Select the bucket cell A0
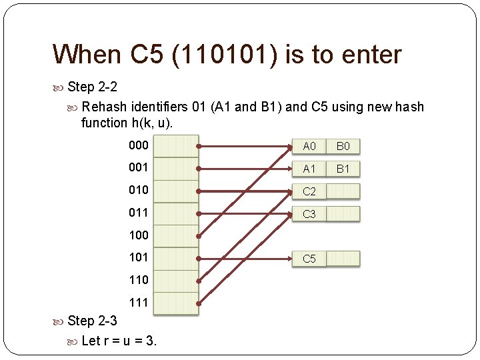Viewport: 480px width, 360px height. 309,147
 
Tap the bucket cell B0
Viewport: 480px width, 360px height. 343,147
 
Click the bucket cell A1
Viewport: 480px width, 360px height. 309,169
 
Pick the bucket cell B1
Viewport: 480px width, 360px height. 343,169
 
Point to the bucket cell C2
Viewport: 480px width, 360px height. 309,192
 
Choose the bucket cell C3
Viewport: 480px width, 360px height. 309,214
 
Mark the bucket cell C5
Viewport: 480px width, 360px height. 309,259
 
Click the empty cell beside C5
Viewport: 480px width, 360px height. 343,259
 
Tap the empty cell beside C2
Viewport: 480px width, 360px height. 343,192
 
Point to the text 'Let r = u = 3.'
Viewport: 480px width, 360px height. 119,341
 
